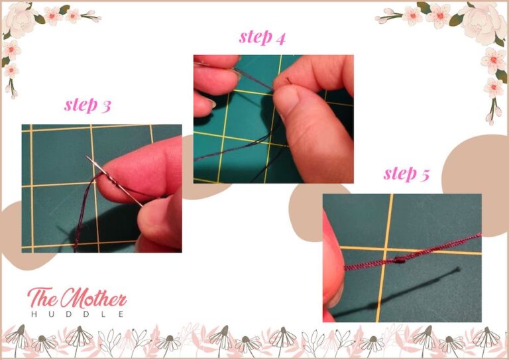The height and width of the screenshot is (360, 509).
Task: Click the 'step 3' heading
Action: [x=87, y=105]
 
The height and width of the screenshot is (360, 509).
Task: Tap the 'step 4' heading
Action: [x=262, y=37]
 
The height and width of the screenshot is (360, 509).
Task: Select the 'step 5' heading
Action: [x=406, y=174]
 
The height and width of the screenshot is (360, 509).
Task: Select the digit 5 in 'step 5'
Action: [x=424, y=175]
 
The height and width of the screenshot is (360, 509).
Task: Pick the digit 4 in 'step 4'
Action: [x=281, y=38]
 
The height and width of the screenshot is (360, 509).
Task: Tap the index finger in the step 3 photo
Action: [x=142, y=166]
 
